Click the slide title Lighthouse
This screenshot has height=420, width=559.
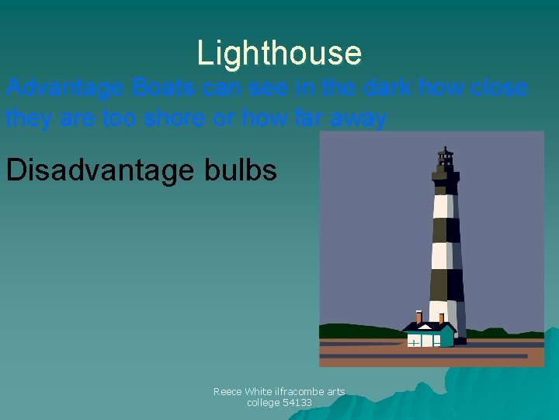[x=279, y=53]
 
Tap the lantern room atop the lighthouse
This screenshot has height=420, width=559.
[x=445, y=160]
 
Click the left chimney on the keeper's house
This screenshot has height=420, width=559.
[x=419, y=317]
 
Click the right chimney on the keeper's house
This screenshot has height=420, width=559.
[x=441, y=318]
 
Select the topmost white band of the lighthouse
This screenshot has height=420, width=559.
[x=443, y=205]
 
